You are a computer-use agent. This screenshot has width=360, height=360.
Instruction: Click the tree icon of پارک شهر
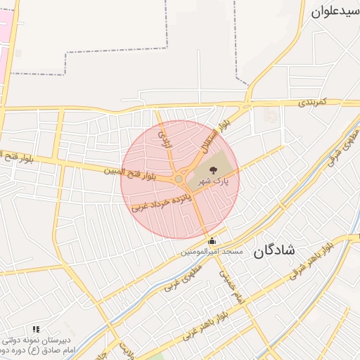[214, 169]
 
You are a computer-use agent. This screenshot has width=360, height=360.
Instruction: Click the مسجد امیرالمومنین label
[212, 252]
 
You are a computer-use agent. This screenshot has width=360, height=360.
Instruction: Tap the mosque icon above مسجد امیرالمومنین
[212, 242]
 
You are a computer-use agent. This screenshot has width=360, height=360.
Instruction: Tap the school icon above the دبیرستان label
[36, 328]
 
